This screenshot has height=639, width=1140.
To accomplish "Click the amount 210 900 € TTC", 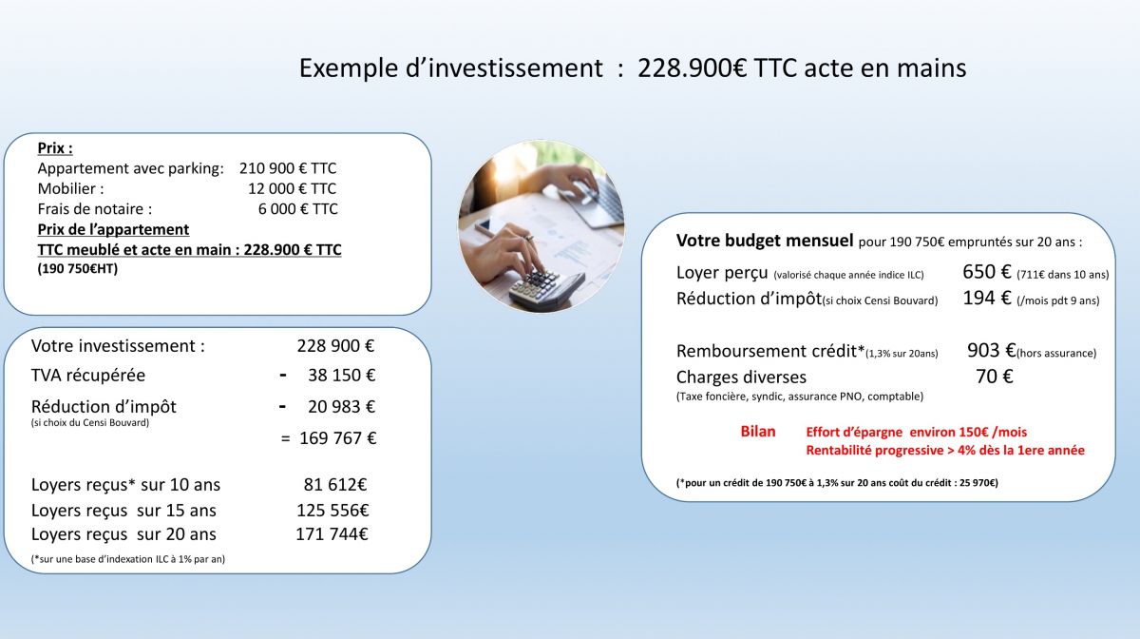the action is coord(288,168).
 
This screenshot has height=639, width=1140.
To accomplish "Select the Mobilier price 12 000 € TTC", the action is coord(293,188).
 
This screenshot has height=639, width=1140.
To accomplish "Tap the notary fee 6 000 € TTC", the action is coord(297,209).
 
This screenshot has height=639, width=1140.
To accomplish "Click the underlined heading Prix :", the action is coord(55,148).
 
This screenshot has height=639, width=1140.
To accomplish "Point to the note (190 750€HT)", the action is coord(77,268).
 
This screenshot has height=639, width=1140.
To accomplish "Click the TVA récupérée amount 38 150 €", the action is coord(341,376).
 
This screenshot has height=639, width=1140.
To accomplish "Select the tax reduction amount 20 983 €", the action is coord(341,407).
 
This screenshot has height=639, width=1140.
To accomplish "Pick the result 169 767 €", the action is coord(338,438).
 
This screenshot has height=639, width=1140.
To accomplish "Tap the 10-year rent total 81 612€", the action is coord(334,485).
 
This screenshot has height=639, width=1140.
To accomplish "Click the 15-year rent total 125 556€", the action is coord(332,511).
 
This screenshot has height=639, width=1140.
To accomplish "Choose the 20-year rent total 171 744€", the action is coord(332,534).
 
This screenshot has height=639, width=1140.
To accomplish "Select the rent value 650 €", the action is coord(986,272).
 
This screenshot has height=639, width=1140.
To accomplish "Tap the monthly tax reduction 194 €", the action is coord(986,298).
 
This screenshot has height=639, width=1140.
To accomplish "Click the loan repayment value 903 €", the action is coord(991,351).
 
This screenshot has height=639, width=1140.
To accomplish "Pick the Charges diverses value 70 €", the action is coord(995,377).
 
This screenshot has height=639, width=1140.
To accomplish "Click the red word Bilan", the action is coord(758,432).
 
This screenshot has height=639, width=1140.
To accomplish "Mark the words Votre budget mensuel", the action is coord(765,241).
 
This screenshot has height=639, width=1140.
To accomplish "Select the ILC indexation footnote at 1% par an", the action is coord(127,559).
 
